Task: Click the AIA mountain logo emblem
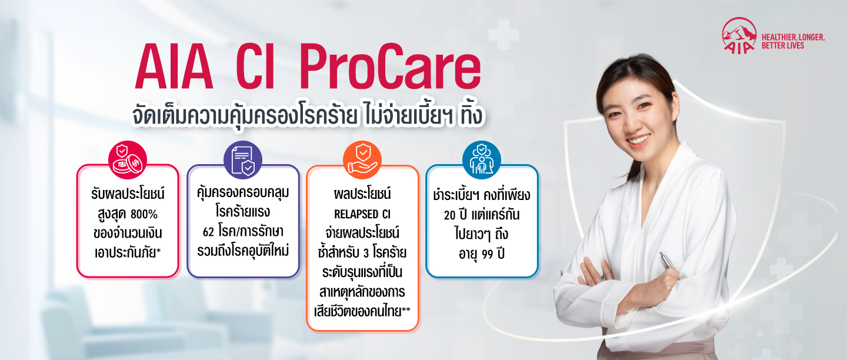tap(739, 35)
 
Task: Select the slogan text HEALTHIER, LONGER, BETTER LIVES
tap(793, 41)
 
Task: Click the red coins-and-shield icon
tap(128, 159)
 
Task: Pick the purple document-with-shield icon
tap(243, 159)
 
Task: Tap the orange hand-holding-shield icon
tap(362, 159)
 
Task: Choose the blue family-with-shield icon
tap(481, 159)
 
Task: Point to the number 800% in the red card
tap(144, 214)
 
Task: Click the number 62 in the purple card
tap(208, 231)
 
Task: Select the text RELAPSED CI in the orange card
tap(362, 214)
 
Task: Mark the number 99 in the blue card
tap(488, 254)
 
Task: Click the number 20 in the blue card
tap(449, 215)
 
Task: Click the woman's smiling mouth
tap(639, 141)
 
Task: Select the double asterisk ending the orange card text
tap(406, 310)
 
